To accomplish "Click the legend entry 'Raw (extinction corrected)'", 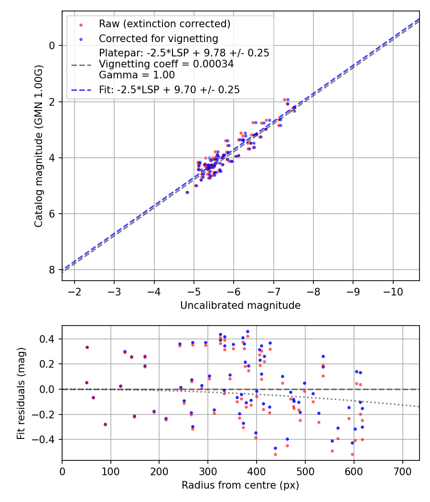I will (x=164, y=24).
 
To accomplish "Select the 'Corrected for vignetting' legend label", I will (x=158, y=39).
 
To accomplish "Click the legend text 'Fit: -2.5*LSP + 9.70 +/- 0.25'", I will (x=169, y=89).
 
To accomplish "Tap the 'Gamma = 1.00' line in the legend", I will (x=137, y=75).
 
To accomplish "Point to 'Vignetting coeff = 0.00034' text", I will (x=166, y=64).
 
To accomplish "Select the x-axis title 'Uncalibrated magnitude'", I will (x=240, y=306).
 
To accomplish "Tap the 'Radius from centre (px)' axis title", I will (x=240, y=485).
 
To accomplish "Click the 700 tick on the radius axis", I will (x=402, y=472).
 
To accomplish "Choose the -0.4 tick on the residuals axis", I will (x=47, y=439).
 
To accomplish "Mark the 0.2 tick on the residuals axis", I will (x=50, y=364).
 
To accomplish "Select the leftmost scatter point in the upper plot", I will (x=187, y=192).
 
